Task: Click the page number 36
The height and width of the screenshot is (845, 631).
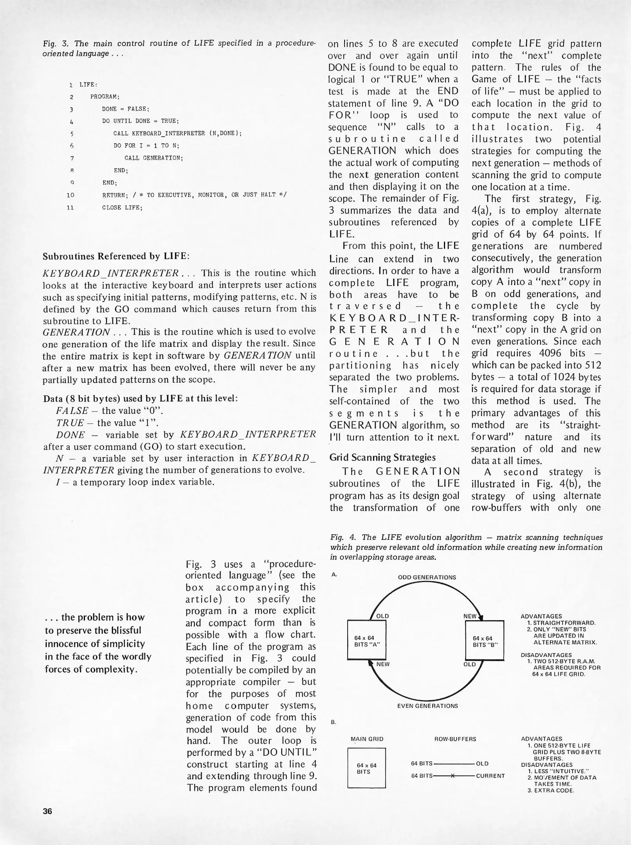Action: click(x=47, y=811)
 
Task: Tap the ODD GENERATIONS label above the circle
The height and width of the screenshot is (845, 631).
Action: click(x=427, y=577)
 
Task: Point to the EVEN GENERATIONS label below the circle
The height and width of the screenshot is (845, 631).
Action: click(x=427, y=706)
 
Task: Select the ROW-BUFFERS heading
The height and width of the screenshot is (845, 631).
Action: click(x=455, y=739)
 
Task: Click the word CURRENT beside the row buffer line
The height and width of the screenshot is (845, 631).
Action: click(x=490, y=776)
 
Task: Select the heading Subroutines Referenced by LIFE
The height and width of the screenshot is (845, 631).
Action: click(x=116, y=256)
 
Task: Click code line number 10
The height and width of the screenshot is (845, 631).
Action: click(x=70, y=195)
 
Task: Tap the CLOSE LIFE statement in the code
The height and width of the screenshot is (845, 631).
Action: click(x=122, y=207)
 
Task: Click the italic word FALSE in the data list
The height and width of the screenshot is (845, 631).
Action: click(x=72, y=411)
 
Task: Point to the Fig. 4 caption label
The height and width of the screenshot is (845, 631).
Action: click(x=343, y=537)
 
